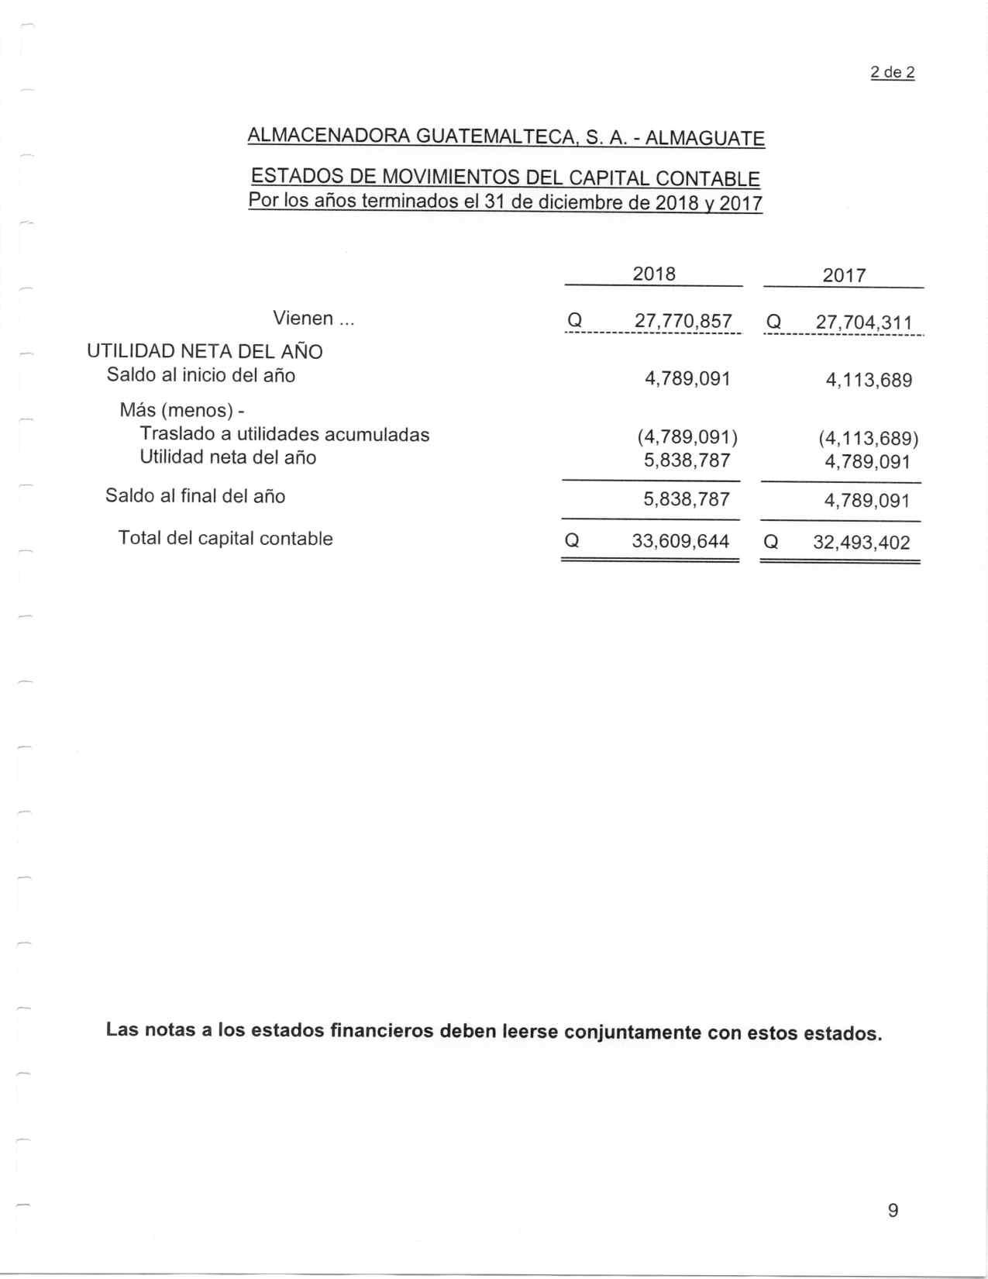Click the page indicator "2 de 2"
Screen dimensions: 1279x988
[x=893, y=73]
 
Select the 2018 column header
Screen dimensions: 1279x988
[x=654, y=274]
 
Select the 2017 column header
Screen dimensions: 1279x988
[x=844, y=276]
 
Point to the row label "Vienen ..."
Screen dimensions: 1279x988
[x=314, y=319]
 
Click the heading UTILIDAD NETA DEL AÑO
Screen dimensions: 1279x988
[x=205, y=352]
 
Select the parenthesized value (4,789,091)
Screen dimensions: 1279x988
[x=687, y=436]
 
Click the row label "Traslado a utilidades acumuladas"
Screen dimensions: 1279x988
[x=284, y=435]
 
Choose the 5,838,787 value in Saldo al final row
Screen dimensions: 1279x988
[x=687, y=498]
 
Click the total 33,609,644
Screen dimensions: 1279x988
[x=680, y=541]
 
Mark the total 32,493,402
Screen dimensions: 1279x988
[x=862, y=543]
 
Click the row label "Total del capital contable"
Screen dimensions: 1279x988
[x=225, y=539]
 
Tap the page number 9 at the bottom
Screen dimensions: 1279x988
[x=893, y=1210]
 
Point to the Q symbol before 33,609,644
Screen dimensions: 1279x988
[x=572, y=541]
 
